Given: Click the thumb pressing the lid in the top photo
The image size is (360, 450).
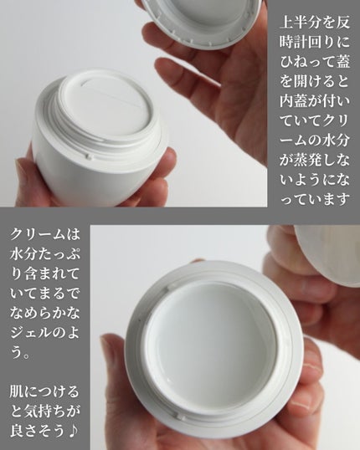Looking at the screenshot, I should pyautogui.click(x=167, y=38).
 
